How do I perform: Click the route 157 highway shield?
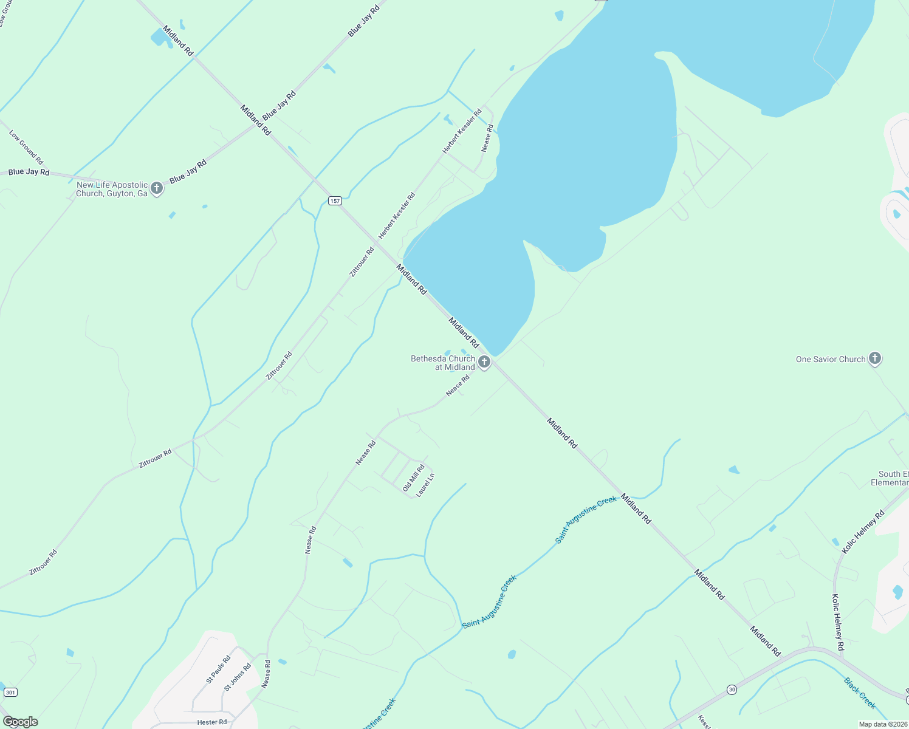(x=335, y=200)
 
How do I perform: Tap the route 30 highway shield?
(x=732, y=690)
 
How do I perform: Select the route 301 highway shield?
(x=10, y=692)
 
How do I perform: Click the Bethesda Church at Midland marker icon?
(x=484, y=363)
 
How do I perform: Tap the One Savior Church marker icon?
(x=875, y=358)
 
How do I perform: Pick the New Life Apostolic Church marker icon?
(x=157, y=188)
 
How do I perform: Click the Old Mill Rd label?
(x=413, y=478)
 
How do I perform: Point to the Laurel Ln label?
(x=425, y=485)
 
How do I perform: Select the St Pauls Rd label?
(x=218, y=669)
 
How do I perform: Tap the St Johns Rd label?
(x=238, y=677)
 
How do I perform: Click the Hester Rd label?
(x=211, y=722)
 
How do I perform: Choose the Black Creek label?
(x=860, y=693)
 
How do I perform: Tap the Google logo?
(x=21, y=722)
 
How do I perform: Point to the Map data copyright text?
(x=882, y=724)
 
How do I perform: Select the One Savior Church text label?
(x=830, y=359)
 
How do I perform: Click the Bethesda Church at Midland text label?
(x=443, y=363)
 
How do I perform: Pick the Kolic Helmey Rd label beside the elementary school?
(x=863, y=532)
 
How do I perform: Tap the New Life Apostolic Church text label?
(x=112, y=189)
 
